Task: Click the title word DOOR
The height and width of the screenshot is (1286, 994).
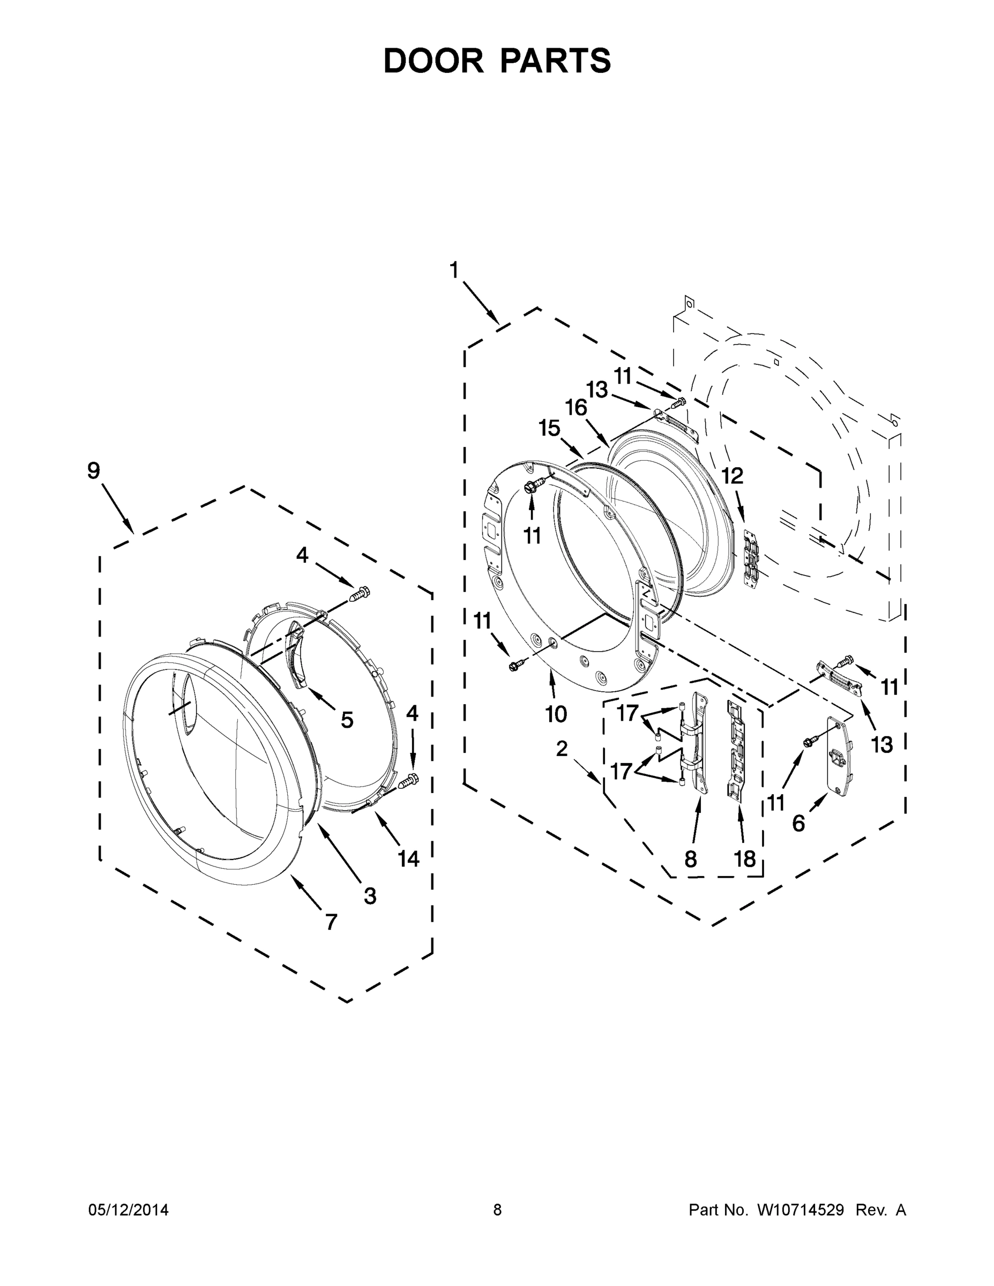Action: click(433, 61)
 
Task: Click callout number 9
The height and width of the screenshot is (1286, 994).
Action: click(94, 471)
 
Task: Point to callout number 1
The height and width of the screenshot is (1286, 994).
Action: click(453, 270)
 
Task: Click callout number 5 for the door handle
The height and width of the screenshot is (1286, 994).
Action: click(347, 719)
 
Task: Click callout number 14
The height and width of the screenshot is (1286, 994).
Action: click(408, 859)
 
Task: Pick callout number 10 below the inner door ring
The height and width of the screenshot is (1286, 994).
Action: click(555, 714)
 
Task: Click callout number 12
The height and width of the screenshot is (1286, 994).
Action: click(733, 476)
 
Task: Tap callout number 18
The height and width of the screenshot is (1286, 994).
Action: click(744, 859)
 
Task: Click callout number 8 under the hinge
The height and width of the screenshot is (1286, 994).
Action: click(691, 859)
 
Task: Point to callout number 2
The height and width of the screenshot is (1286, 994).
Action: click(562, 749)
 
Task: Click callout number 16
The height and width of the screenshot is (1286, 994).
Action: click(577, 407)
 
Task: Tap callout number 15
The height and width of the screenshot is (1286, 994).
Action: click(549, 429)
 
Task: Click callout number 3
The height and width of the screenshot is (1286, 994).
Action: click(369, 895)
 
